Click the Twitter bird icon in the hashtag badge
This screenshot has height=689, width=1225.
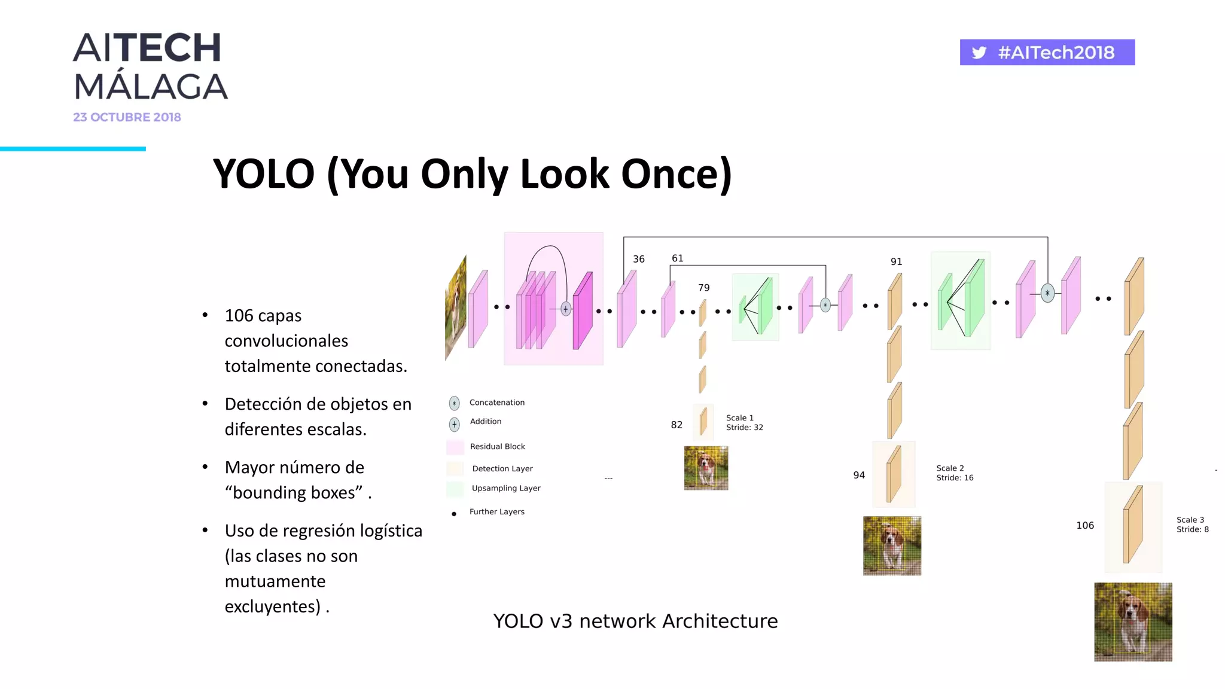979,53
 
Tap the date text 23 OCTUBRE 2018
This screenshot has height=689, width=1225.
127,117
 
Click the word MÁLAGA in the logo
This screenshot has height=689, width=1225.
151,87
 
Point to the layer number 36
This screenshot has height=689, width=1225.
639,259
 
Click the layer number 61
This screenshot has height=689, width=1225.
677,258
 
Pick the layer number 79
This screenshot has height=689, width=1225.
703,288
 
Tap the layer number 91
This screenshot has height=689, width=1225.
896,261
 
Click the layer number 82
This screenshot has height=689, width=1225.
677,425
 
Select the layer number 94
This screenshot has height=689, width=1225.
859,475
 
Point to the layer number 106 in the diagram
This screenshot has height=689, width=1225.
1085,525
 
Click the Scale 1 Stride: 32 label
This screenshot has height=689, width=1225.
744,422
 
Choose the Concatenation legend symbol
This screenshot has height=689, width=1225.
455,403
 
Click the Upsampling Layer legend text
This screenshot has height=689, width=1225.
506,488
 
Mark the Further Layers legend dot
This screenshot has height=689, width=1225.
454,514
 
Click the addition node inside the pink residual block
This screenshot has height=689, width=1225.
566,309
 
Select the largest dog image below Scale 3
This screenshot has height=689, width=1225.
1133,621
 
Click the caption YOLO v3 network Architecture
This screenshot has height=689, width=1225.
635,621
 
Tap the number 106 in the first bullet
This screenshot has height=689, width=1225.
239,315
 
